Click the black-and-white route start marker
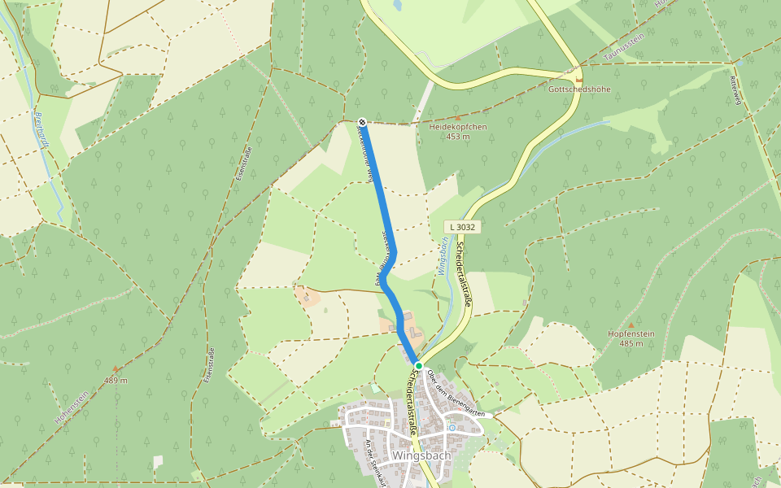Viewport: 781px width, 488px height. pyautogui.click(x=362, y=123)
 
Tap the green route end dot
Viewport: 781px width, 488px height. pyautogui.click(x=418, y=366)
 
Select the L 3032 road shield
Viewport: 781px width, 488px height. pyautogui.click(x=461, y=226)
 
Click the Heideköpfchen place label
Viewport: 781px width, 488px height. pyautogui.click(x=458, y=127)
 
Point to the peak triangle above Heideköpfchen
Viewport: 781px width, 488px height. pyautogui.click(x=458, y=117)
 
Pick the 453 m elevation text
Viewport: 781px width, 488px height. pyautogui.click(x=458, y=137)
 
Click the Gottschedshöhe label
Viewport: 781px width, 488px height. pyautogui.click(x=579, y=89)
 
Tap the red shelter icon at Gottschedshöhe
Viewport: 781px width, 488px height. pyautogui.click(x=579, y=79)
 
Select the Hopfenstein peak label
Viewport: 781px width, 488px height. pyautogui.click(x=631, y=333)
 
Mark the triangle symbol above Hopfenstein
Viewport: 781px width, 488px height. pyautogui.click(x=631, y=325)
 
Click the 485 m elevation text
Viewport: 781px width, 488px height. pyautogui.click(x=631, y=343)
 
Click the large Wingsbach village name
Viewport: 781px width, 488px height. pyautogui.click(x=421, y=455)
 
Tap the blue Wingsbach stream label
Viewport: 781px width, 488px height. pyautogui.click(x=444, y=255)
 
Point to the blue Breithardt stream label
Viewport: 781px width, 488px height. pyautogui.click(x=43, y=130)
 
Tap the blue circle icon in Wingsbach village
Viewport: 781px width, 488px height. pyautogui.click(x=452, y=427)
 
